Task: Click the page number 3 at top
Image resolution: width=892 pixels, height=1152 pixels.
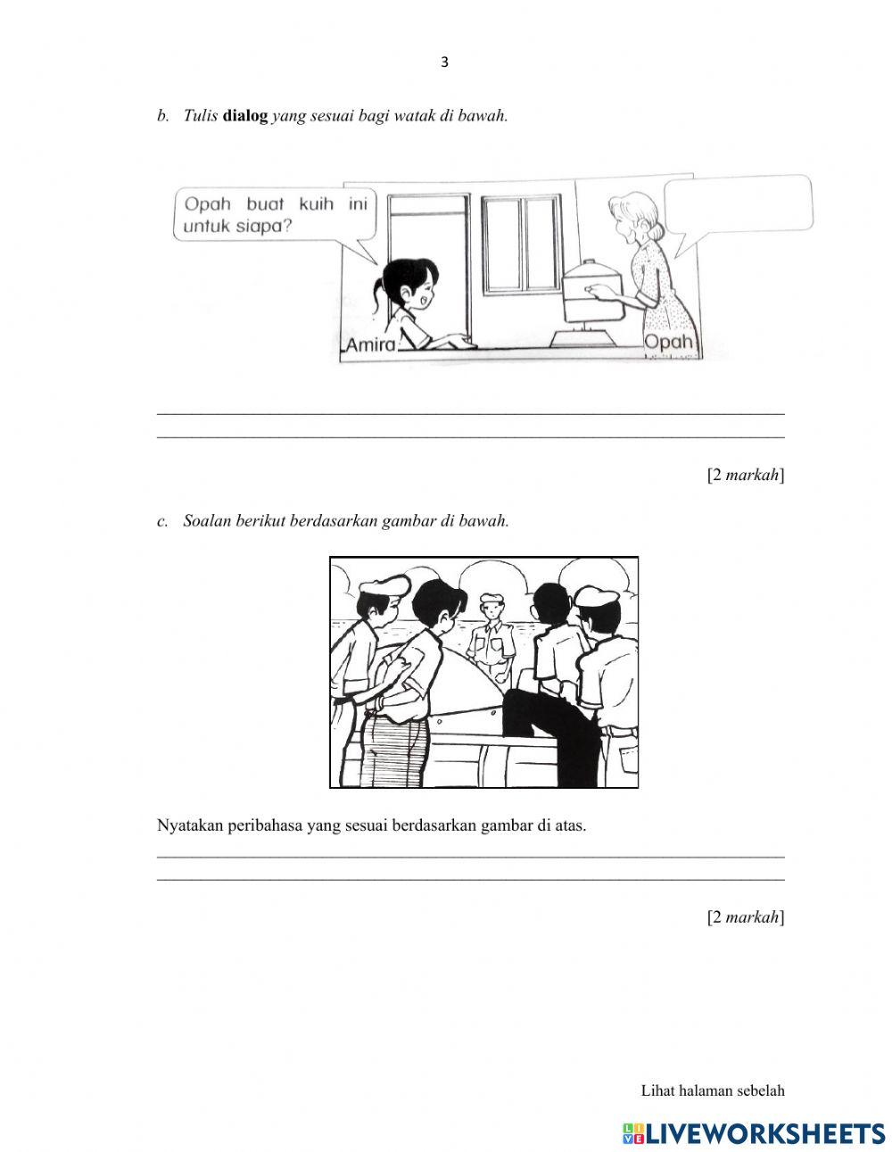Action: [x=445, y=62]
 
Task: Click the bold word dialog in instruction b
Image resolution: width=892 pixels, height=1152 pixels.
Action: [x=245, y=116]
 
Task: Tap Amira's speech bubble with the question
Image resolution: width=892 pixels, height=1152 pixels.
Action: [x=275, y=215]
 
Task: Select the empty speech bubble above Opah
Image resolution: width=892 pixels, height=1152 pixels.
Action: [x=738, y=204]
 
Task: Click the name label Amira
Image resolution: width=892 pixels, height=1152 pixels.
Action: [x=369, y=344]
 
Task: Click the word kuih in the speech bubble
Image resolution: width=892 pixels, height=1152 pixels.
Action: [x=316, y=204]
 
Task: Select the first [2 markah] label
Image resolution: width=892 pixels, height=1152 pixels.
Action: [x=746, y=475]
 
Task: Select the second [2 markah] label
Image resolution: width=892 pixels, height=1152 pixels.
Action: [x=746, y=916]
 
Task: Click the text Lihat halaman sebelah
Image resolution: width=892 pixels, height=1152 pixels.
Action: [x=712, y=1090]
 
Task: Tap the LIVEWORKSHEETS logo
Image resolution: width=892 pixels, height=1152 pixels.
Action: [x=754, y=1132]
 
